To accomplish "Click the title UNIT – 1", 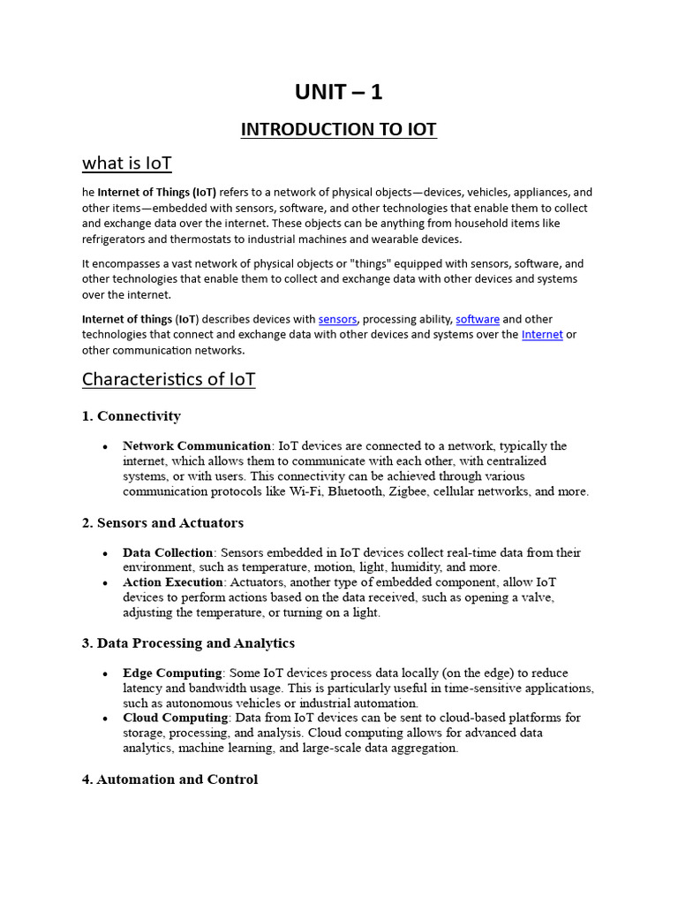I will point(338,92).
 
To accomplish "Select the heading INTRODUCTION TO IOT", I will point(338,130).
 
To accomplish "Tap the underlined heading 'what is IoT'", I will point(126,163).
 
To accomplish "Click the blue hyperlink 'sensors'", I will point(337,319).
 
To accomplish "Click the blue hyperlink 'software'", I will point(478,319).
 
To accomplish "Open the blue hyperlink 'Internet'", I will point(542,335).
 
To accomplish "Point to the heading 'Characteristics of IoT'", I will point(169,379).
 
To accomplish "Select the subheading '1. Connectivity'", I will point(131,416).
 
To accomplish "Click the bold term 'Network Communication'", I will point(197,446).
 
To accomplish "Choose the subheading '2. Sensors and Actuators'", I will point(162,523).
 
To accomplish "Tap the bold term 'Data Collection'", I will point(168,553).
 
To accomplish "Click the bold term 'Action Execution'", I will point(173,583).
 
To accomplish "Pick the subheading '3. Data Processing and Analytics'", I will point(188,643).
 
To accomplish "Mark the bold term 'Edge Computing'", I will point(172,673).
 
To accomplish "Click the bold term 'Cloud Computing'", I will point(176,718).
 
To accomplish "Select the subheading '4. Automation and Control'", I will point(169,780).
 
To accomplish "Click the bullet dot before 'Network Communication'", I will point(105,447).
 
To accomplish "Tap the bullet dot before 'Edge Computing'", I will point(105,674).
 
